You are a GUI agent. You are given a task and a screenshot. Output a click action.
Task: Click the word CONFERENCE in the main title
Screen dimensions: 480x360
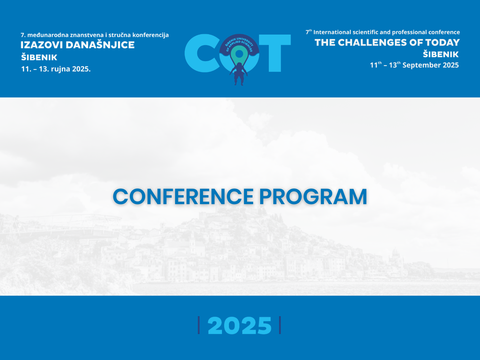[x=183, y=196]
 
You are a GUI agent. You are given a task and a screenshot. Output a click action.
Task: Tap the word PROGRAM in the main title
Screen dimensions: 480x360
[x=313, y=196]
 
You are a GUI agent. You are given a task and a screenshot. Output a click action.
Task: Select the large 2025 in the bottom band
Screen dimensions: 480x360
[x=239, y=325]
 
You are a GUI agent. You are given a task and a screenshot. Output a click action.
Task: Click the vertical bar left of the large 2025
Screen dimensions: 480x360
[x=199, y=325]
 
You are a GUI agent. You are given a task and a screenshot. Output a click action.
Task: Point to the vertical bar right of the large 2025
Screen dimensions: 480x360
[x=280, y=325]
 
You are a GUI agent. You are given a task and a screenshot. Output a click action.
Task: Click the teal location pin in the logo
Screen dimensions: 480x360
[x=239, y=55]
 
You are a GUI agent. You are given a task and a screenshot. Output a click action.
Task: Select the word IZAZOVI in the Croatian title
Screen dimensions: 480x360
[x=42, y=45]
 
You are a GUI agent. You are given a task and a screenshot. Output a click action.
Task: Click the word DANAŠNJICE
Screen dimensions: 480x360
[x=100, y=44]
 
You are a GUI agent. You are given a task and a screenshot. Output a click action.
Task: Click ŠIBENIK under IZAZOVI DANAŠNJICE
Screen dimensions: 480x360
[x=39, y=57]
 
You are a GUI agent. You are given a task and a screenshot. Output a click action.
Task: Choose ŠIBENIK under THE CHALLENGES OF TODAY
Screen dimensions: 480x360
[x=441, y=54]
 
